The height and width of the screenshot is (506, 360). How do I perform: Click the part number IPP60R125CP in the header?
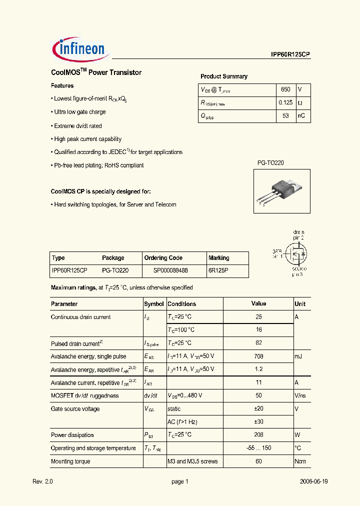287,56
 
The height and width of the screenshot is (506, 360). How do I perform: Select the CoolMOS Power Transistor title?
96,72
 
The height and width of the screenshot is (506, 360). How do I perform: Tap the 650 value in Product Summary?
285,89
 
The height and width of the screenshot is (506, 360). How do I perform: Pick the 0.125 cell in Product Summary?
285,102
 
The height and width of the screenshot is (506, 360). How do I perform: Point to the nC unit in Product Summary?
301,116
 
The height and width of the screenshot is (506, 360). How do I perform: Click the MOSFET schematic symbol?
296,254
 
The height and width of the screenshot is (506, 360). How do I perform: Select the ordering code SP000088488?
170,270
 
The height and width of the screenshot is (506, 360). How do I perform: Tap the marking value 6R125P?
218,270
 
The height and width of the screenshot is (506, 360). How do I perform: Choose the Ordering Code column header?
163,258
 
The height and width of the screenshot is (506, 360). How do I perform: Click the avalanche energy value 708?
258,356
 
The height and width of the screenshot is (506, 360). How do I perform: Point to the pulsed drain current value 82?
258,343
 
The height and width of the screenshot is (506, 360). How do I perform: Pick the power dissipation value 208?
258,435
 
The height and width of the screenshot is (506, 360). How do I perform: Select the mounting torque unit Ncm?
300,461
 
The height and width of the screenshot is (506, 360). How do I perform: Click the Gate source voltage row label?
75,409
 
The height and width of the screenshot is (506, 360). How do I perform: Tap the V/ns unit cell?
300,395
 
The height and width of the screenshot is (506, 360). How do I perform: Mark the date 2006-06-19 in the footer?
314,481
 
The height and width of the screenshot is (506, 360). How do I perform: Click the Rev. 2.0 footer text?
42,481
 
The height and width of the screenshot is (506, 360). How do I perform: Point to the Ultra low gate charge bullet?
80,112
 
